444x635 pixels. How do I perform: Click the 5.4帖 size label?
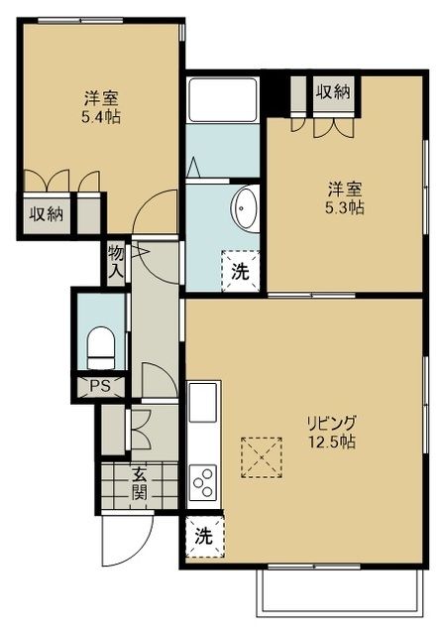coord(95,117)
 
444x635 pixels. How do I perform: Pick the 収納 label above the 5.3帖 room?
coord(332,92)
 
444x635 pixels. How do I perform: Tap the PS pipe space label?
coord(99,386)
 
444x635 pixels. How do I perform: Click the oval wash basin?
coord(244,209)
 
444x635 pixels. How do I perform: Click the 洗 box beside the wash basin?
coord(240,268)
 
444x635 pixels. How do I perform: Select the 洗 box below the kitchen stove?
coord(203,538)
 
